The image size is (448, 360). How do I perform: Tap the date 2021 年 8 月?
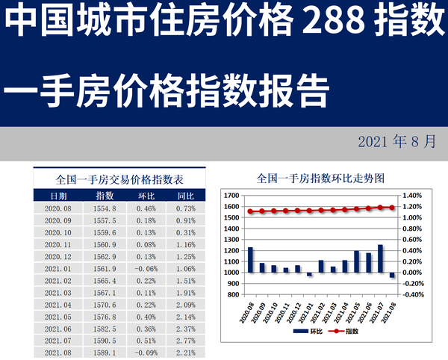point(396,142)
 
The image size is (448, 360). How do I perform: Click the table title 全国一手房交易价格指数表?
point(120,180)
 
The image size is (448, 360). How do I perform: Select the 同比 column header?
point(186,196)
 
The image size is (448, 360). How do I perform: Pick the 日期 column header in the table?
point(58,196)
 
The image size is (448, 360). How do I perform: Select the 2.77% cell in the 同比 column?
point(186,338)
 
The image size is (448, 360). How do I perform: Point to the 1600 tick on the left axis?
point(231,207)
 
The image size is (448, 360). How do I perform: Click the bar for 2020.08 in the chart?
point(251,259)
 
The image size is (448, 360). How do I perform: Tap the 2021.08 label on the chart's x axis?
point(391,310)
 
